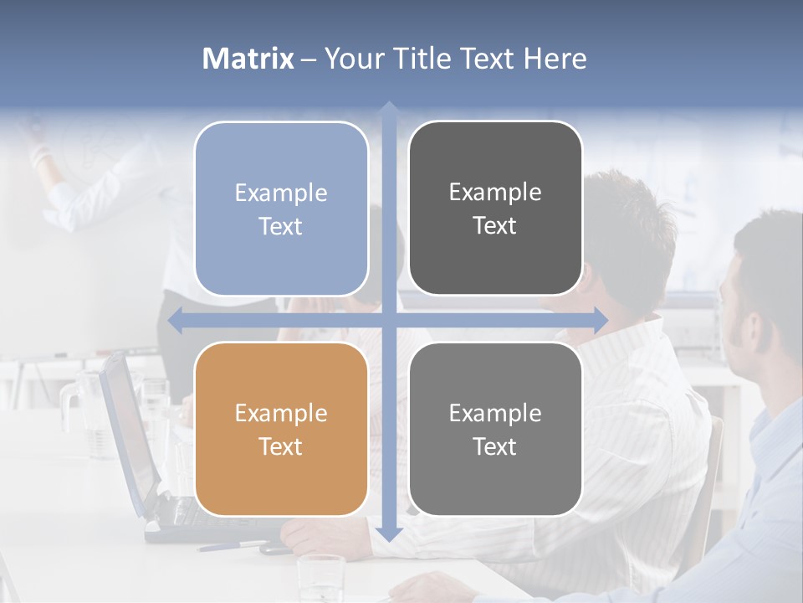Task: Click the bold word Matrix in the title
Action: pyautogui.click(x=248, y=59)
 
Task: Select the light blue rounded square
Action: pyautogui.click(x=281, y=209)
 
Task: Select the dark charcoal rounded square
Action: pyautogui.click(x=495, y=209)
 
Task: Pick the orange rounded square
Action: pyautogui.click(x=281, y=429)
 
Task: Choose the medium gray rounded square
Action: pyautogui.click(x=495, y=429)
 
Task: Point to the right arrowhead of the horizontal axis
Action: pyautogui.click(x=601, y=320)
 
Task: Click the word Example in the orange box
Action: pyautogui.click(x=281, y=413)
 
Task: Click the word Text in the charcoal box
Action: pyautogui.click(x=495, y=226)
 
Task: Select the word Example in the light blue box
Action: pyautogui.click(x=281, y=193)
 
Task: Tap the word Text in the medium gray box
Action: pyautogui.click(x=495, y=446)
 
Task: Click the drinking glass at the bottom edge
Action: pyautogui.click(x=321, y=578)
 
